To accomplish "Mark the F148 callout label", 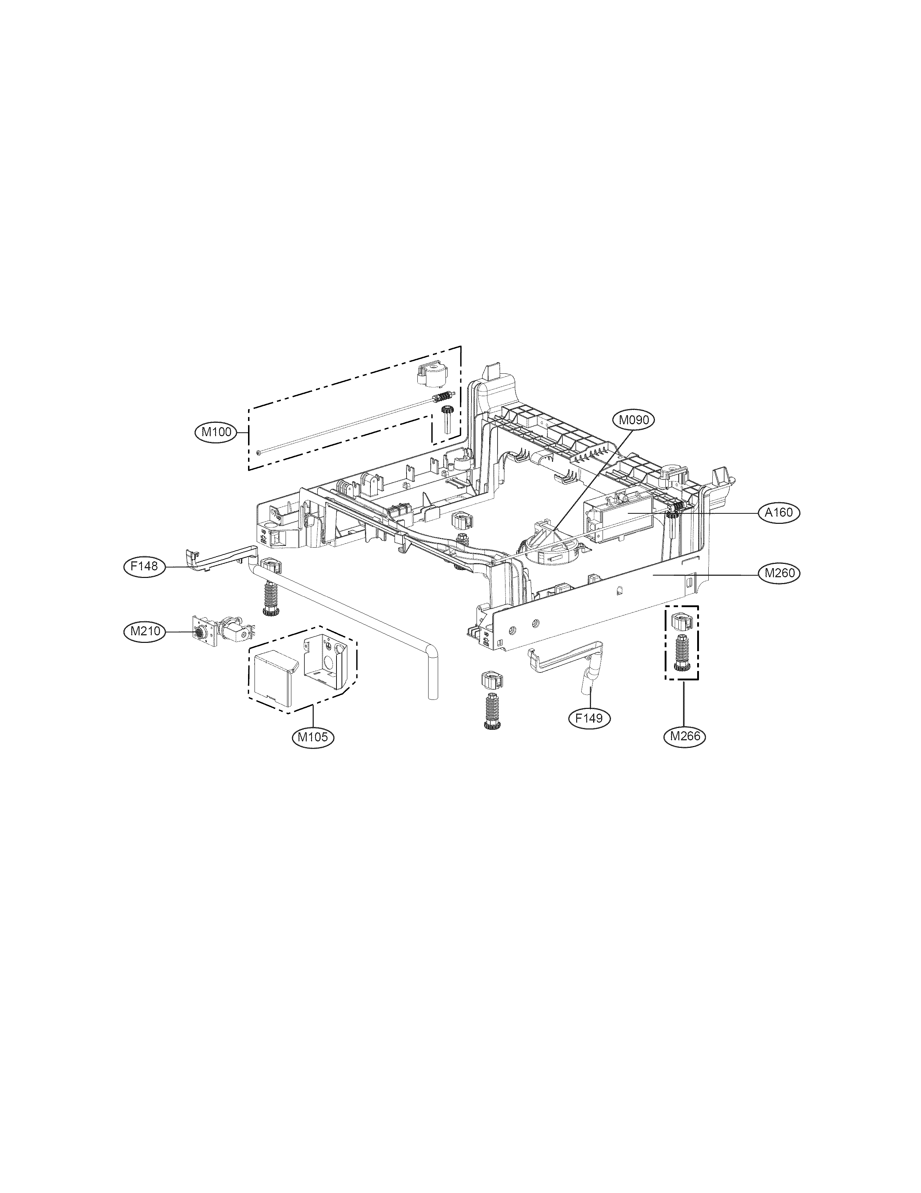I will pyautogui.click(x=144, y=566).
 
